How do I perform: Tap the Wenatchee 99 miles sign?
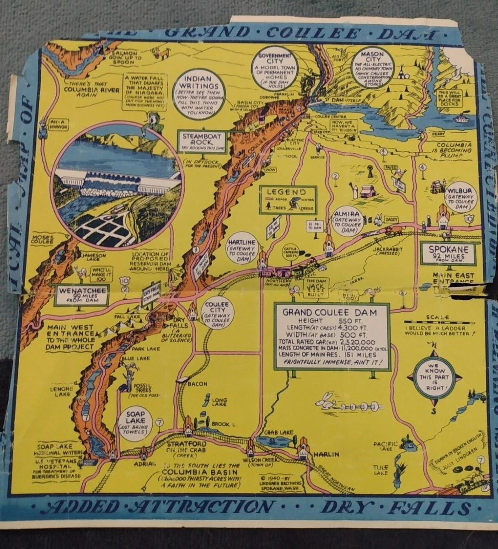tap(81, 295)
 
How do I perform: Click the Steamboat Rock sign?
tap(202, 141)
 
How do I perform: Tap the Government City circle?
tap(275, 68)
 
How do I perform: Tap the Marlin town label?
tap(326, 454)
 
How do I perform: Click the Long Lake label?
tap(219, 401)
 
